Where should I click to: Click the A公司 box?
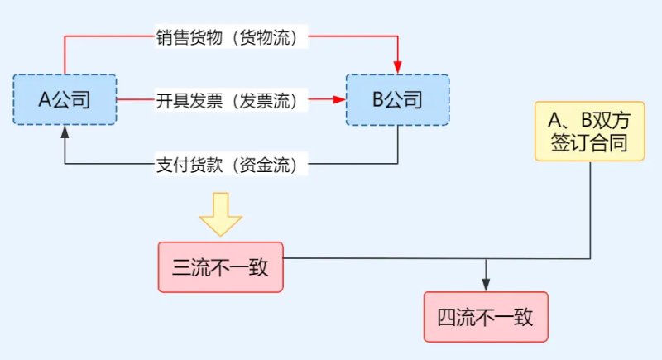click(65, 100)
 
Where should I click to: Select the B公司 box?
click(397, 100)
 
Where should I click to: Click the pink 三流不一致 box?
click(220, 266)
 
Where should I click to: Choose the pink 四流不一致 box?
click(486, 317)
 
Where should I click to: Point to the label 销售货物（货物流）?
click(227, 37)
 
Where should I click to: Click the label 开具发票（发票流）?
click(227, 100)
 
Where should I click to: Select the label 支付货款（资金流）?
click(227, 165)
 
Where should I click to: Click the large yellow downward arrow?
click(220, 214)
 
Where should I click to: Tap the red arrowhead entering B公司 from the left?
click(339, 100)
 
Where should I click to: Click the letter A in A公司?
click(46, 100)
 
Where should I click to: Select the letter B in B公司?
click(378, 100)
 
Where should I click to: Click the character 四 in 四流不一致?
click(447, 318)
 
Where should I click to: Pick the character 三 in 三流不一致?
click(181, 267)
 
